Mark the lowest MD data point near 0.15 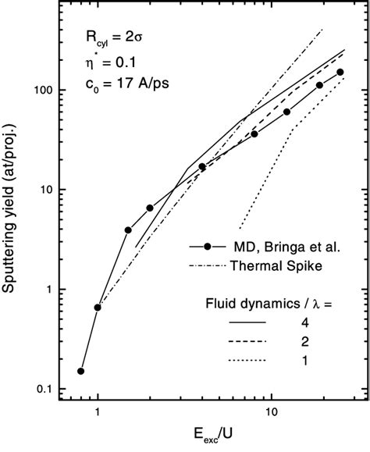tap(80, 371)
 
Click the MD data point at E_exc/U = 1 tap(98, 308)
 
